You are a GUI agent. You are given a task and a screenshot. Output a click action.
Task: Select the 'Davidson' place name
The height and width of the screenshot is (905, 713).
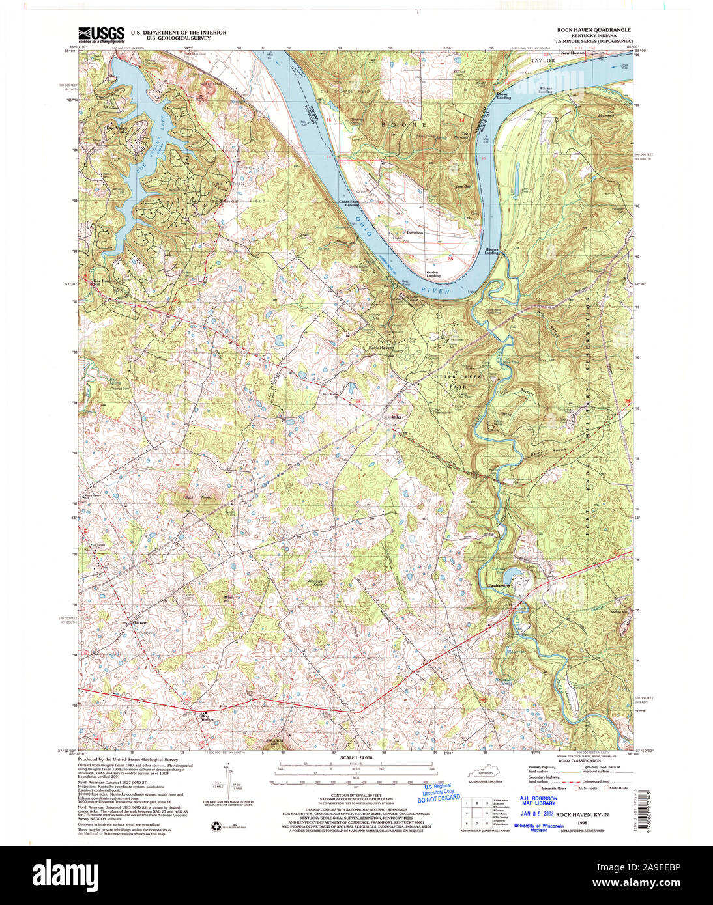point(415,232)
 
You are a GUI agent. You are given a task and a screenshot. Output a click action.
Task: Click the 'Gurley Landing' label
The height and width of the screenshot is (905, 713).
point(433,274)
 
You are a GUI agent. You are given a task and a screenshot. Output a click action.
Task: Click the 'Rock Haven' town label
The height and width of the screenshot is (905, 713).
point(381,348)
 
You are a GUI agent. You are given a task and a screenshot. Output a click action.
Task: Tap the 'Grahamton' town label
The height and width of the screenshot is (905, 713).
point(499,585)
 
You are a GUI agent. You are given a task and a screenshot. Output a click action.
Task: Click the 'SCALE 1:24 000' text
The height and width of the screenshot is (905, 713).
point(355,758)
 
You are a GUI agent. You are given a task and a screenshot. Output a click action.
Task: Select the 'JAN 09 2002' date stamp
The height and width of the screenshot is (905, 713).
point(538,813)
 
